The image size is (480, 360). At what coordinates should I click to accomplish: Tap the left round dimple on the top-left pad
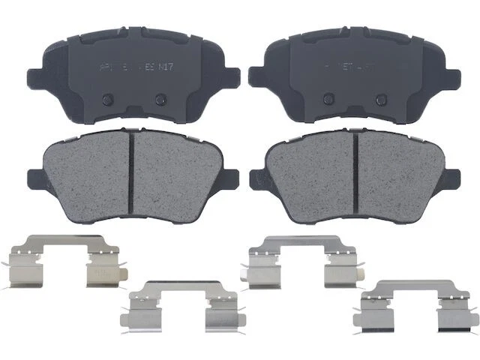[x=106, y=99]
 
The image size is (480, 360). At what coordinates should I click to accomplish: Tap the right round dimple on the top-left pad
[x=159, y=99]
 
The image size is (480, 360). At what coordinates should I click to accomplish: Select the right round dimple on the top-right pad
[x=380, y=99]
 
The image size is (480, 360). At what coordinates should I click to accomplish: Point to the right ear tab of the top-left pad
[x=232, y=76]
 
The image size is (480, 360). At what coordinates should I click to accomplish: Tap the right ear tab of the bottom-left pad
[x=232, y=179]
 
